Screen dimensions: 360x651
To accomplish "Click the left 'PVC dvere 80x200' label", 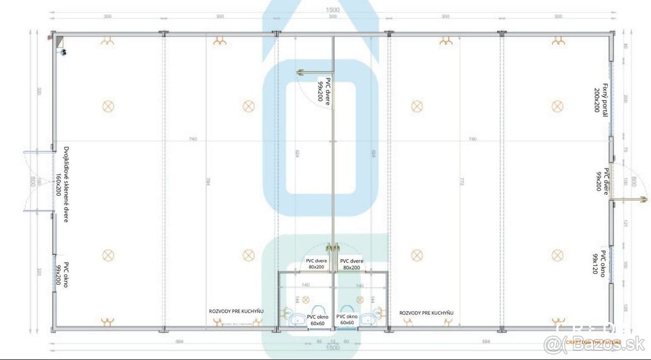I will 316,264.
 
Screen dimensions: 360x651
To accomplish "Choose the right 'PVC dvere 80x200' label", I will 351,264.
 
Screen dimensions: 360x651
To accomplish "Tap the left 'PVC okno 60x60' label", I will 317,320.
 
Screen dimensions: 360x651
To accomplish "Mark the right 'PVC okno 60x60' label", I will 347,320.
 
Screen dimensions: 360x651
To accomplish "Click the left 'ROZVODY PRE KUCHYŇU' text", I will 237,312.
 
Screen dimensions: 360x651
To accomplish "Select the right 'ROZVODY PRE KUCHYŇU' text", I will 426,313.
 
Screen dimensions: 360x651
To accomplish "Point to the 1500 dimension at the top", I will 333,10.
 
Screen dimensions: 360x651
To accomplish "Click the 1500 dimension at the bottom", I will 333,348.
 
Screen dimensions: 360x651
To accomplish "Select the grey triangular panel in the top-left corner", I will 59,42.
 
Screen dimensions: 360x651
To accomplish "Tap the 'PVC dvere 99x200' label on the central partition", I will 324,90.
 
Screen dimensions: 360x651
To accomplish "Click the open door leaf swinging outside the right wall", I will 629,200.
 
